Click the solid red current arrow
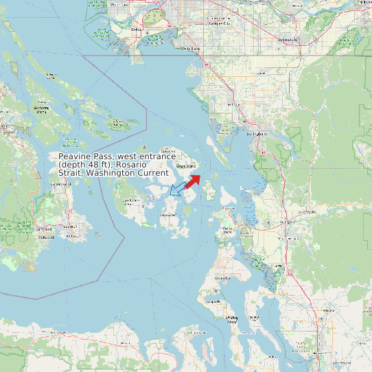(192, 181)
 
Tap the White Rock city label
(191, 49)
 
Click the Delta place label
(136, 30)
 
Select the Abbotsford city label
(288, 40)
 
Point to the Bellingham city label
(257, 134)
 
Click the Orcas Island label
(186, 166)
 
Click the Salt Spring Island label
(41, 108)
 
